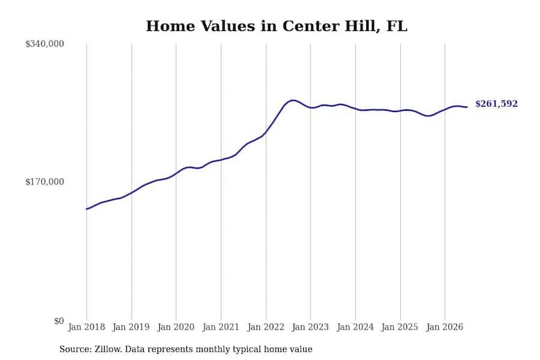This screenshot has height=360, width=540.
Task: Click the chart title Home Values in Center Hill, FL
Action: (277, 26)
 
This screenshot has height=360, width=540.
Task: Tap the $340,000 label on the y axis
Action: (45, 44)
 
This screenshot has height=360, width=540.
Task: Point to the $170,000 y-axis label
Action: (45, 182)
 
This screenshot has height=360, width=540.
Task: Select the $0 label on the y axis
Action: (59, 321)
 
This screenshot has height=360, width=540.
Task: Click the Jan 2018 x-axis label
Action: (86, 327)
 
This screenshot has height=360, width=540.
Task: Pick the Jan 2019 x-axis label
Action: (131, 327)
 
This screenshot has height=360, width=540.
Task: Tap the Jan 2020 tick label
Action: (176, 327)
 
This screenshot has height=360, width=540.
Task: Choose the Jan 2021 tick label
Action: (221, 327)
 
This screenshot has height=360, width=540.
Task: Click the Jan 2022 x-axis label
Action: (266, 327)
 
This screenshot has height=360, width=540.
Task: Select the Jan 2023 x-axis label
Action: (310, 327)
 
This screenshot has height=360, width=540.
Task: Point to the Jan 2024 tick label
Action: (355, 327)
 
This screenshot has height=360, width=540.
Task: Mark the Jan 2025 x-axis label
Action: (400, 327)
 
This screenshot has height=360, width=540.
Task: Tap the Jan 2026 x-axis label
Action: (445, 327)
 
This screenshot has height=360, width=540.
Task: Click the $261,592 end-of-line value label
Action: (496, 104)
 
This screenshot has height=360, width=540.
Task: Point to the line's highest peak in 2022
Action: (293, 100)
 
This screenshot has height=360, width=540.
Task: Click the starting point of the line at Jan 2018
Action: (86, 209)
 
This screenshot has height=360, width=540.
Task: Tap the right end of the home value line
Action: (467, 107)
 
